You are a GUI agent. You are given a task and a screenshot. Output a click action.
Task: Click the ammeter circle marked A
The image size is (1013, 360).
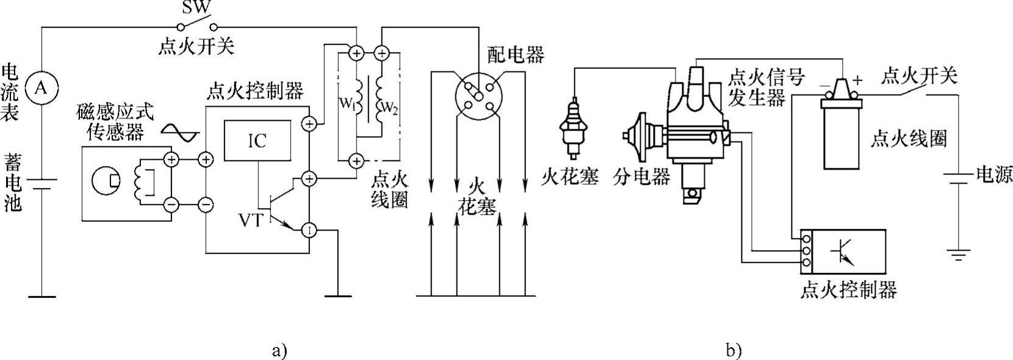pyautogui.click(x=41, y=88)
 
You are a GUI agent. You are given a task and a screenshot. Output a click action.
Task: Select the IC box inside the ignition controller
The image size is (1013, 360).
pyautogui.click(x=257, y=141)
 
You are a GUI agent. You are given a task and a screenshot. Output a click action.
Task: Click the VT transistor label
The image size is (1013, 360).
pyautogui.click(x=250, y=220)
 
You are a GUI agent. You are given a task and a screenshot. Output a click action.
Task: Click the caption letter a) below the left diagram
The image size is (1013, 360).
pyautogui.click(x=278, y=350)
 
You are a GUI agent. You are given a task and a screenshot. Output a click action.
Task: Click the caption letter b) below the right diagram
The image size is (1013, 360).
pyautogui.click(x=734, y=350)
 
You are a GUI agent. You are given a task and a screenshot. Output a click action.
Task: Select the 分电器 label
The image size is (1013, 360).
pyautogui.click(x=641, y=177)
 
